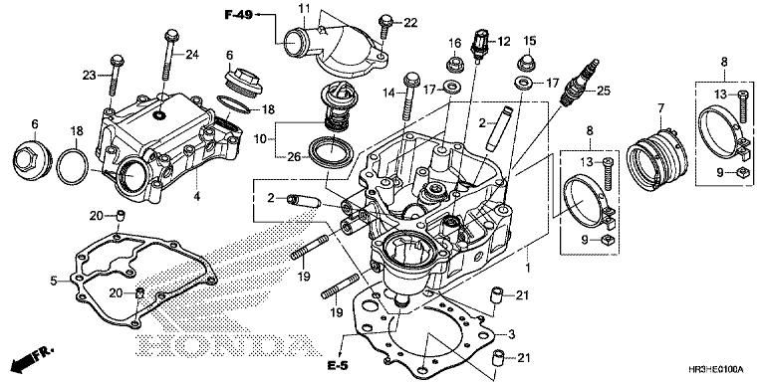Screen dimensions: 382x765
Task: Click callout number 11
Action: pos(304,9)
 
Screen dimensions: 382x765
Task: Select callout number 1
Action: pos(529,268)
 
